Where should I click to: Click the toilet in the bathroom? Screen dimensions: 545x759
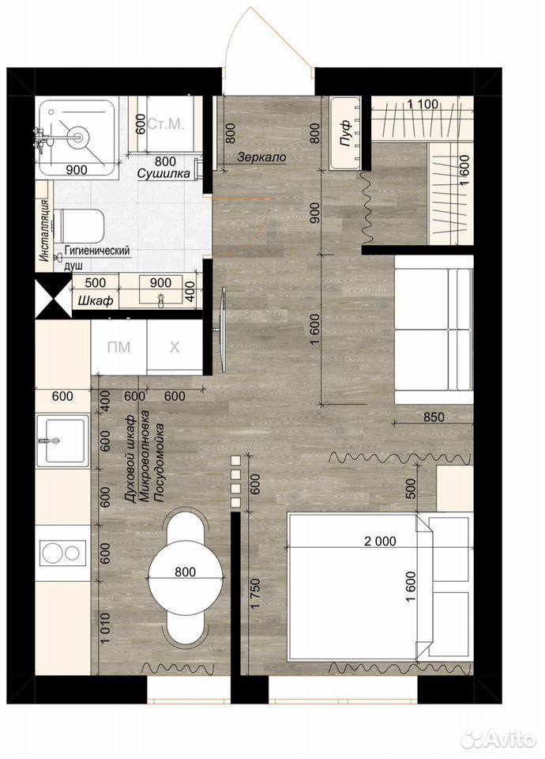[x=81, y=226]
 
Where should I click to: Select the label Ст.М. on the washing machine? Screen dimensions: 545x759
[x=165, y=124]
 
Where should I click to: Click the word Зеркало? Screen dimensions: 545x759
[x=261, y=157]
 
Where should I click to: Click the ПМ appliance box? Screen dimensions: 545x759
[x=118, y=346]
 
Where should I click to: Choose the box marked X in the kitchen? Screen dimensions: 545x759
[x=174, y=346]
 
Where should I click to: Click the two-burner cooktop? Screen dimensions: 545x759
[x=61, y=553]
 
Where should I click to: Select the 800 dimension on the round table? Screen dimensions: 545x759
[x=185, y=572]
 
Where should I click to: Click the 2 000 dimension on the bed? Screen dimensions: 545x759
[x=380, y=541]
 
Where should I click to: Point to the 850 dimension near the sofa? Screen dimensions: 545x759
[x=433, y=416]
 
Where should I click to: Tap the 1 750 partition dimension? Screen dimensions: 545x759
[x=255, y=593]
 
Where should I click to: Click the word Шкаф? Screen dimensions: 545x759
[x=96, y=300]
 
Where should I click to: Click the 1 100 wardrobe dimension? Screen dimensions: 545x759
[x=423, y=104]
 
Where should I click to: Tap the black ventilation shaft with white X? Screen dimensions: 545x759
[x=53, y=300]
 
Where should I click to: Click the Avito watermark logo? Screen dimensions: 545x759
[x=498, y=738]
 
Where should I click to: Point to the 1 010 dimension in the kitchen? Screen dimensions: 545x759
[x=105, y=629]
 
